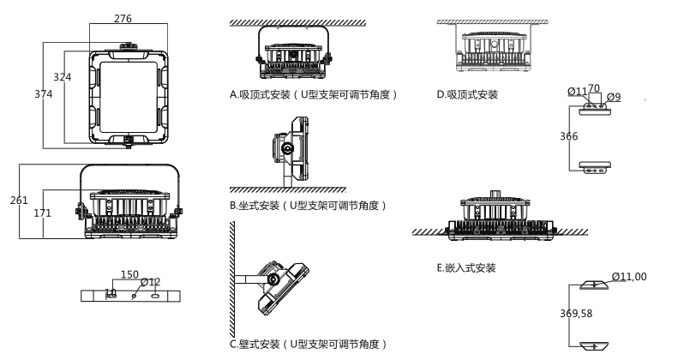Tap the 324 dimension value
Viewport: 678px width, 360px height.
63,77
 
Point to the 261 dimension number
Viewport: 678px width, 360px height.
20,200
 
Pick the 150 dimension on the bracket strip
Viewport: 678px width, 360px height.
129,275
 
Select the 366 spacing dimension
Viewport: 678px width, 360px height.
568,137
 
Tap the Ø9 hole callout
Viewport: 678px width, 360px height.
613,98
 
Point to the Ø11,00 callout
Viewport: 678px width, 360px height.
629,276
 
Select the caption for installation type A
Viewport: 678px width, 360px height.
314,94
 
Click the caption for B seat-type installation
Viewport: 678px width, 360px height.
309,206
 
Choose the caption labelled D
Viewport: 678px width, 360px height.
467,94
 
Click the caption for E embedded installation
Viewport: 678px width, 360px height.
466,268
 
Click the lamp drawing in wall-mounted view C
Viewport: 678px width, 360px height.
277,283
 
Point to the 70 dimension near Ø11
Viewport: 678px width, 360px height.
593,88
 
